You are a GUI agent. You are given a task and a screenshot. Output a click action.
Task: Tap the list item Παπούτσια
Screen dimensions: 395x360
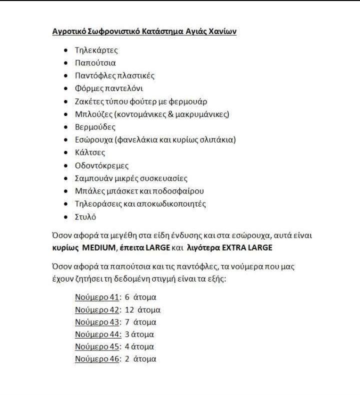[x=95, y=63]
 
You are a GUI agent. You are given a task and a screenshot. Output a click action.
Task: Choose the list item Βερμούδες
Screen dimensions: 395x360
[x=95, y=127]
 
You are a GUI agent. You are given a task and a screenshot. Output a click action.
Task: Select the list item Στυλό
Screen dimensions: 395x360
[x=85, y=217]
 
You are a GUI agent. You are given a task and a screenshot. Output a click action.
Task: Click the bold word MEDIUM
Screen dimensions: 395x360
[x=98, y=248]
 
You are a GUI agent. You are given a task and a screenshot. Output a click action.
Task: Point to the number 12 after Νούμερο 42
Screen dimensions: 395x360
[x=129, y=309]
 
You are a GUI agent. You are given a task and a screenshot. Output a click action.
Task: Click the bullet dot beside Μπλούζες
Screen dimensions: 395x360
[x=66, y=114]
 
